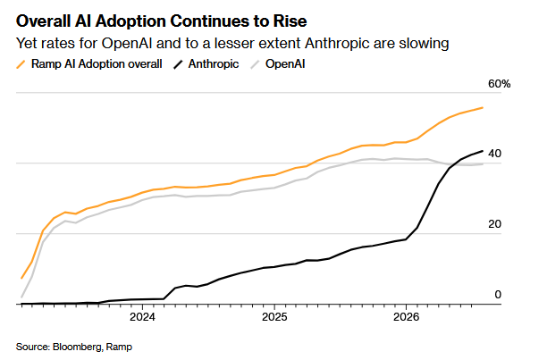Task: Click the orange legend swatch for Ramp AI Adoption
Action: click(x=21, y=64)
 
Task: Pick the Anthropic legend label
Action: click(x=214, y=64)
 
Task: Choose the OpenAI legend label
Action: click(x=285, y=64)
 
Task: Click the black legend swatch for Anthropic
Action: click(x=178, y=64)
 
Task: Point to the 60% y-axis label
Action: click(x=499, y=84)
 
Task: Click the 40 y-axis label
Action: click(x=494, y=154)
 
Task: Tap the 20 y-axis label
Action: click(x=494, y=224)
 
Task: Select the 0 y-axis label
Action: click(x=498, y=295)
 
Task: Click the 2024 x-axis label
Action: click(x=142, y=317)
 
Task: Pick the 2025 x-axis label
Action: click(x=274, y=317)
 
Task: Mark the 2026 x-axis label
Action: click(x=406, y=317)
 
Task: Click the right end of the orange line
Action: click(x=483, y=108)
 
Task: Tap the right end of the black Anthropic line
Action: click(x=483, y=151)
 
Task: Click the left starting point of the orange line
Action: click(x=21, y=278)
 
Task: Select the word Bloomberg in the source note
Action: click(x=78, y=347)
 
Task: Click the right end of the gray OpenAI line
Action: click(x=483, y=163)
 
